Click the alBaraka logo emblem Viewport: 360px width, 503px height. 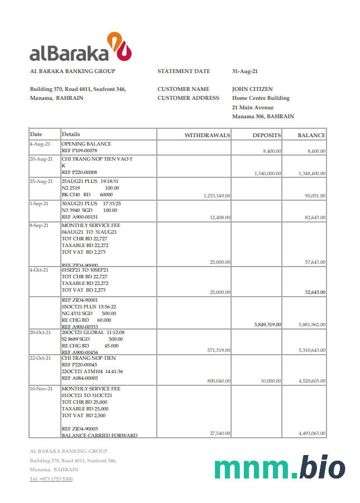point(119,46)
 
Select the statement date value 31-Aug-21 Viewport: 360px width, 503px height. point(244,71)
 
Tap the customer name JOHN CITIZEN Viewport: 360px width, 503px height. point(252,89)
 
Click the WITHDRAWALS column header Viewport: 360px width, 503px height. point(207,135)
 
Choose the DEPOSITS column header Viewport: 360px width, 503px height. point(266,135)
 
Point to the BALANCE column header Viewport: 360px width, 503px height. point(311,135)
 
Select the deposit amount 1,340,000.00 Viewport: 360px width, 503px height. point(267,173)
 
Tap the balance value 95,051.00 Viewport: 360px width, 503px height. point(315,196)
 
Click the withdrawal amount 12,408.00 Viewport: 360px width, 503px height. point(219,217)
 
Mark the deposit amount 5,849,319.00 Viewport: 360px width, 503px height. point(267,325)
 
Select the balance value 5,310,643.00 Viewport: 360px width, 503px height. point(312,350)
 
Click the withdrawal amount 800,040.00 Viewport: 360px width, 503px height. point(218,381)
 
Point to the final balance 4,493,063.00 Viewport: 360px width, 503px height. point(312,433)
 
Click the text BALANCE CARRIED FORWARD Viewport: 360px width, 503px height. point(99,436)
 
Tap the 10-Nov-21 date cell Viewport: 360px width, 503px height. point(41,388)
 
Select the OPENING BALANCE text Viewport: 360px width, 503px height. point(86,144)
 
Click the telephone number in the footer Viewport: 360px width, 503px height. point(51,479)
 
